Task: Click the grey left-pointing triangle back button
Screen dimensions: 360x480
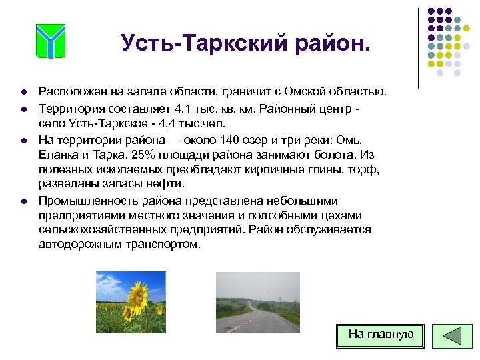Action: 451,336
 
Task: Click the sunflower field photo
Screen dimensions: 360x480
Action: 131,302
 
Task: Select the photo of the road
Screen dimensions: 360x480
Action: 257,302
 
